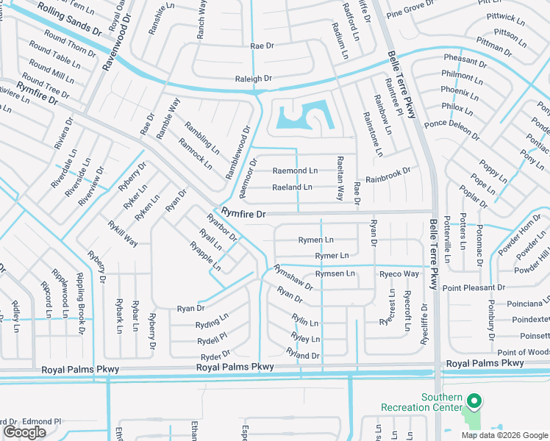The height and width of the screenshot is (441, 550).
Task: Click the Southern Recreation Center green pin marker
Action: pos(474,401)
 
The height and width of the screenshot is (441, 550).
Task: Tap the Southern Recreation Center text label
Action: pos(421,402)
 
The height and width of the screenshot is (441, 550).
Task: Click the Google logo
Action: pos(24,432)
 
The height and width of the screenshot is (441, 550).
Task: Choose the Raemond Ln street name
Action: pos(295,171)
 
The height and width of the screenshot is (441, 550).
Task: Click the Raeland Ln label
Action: pos(292,187)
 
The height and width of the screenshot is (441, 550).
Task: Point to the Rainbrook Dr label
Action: pos(387,176)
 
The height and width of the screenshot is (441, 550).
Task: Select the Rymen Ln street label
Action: pos(315,240)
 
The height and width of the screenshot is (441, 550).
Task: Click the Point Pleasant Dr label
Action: pos(474,287)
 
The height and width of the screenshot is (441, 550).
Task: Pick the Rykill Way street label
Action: pos(123,233)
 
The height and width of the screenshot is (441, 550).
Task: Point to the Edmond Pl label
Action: pos(41,421)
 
